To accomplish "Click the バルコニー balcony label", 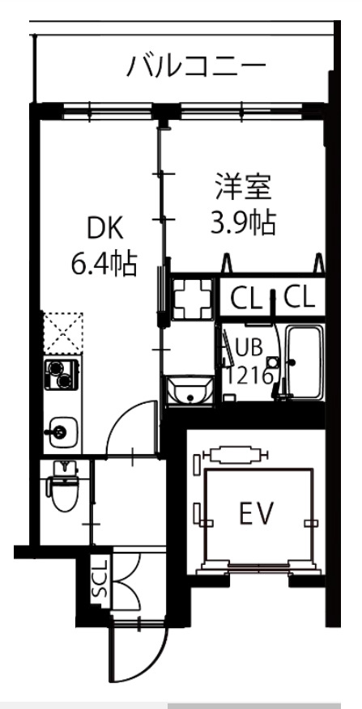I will [195, 67].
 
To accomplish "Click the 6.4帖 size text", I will [103, 263].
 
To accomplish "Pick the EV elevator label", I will [257, 512].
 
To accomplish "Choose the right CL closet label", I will [299, 298].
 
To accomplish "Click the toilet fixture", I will [62, 488].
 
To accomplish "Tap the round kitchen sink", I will [62, 431].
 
